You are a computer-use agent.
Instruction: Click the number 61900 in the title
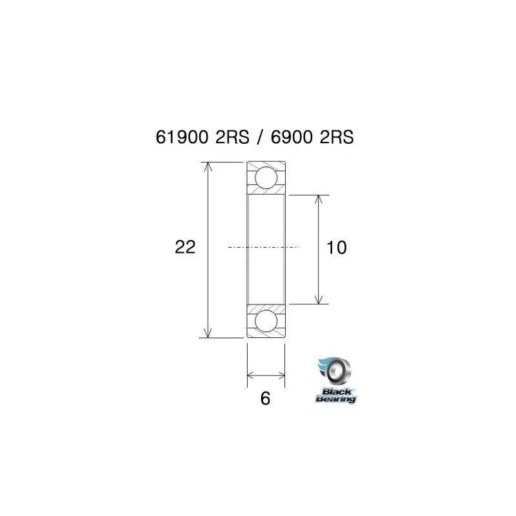[x=182, y=138]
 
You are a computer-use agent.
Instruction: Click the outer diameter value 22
[x=185, y=247]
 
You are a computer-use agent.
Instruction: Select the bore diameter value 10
[x=337, y=247]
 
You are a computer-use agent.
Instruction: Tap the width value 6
[x=264, y=399]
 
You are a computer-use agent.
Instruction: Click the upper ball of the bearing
[x=266, y=177]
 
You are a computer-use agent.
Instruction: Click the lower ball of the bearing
[x=266, y=321]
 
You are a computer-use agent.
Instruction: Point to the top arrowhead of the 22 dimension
[x=208, y=166]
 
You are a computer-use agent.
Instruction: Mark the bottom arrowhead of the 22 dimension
[x=208, y=333]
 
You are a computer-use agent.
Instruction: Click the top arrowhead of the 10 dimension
[x=318, y=199]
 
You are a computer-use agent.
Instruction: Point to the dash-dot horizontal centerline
[x=264, y=247]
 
